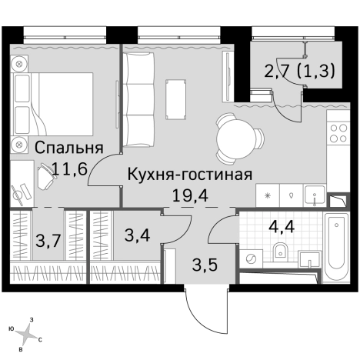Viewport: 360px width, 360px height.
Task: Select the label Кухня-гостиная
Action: [x=190, y=174]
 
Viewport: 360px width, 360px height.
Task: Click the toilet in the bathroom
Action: [x=280, y=248]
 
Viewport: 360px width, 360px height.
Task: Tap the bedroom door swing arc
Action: [x=100, y=173]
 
